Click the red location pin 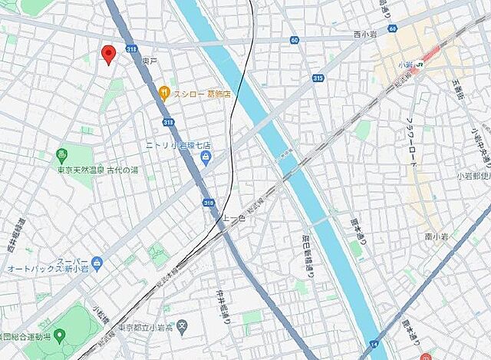click(108, 54)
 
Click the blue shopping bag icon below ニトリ click(206, 158)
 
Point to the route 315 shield click(318, 78)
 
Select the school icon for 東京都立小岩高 click(182, 327)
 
